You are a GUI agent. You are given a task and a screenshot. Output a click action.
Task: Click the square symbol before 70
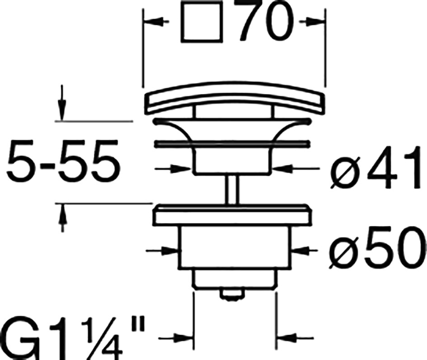(202, 22)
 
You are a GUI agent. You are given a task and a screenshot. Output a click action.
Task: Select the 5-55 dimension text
(63, 161)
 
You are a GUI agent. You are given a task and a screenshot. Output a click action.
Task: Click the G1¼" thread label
(72, 338)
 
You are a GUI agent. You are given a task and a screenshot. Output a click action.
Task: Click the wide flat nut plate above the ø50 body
(232, 215)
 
